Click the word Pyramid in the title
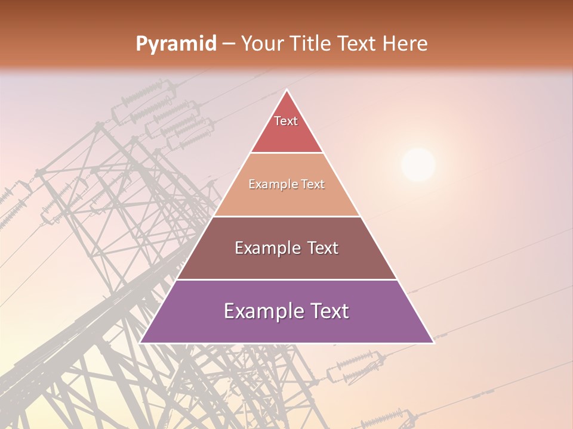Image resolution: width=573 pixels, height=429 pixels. point(175,44)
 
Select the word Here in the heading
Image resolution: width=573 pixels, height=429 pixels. point(405,44)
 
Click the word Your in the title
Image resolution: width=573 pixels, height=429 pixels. point(263,44)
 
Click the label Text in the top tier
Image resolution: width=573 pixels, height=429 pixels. point(286,121)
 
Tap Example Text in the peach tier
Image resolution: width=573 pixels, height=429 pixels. point(286,184)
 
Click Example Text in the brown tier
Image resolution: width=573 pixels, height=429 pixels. point(286,248)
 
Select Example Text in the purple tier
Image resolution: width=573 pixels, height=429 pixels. point(286,311)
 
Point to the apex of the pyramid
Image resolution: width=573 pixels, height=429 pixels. point(287,91)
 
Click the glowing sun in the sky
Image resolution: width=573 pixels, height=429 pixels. point(418,165)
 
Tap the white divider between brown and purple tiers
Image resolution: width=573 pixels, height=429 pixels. point(286,279)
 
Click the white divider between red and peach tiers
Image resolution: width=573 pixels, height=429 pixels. point(286,153)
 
